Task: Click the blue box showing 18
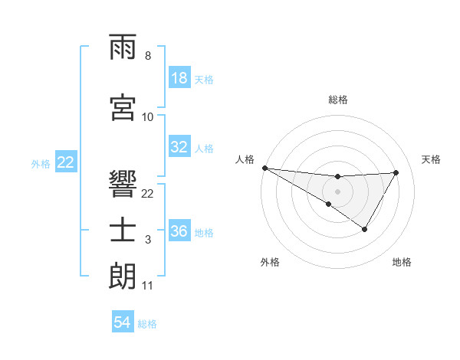click(x=179, y=78)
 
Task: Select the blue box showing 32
click(x=179, y=147)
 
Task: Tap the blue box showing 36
click(x=179, y=231)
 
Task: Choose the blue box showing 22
click(x=66, y=162)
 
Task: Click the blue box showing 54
click(x=123, y=322)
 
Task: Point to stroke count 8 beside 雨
click(x=148, y=56)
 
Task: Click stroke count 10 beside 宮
click(x=148, y=116)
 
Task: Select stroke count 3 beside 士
click(x=148, y=240)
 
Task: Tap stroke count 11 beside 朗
click(x=148, y=286)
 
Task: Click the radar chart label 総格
click(x=337, y=100)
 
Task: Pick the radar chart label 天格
click(x=431, y=159)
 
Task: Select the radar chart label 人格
click(x=245, y=159)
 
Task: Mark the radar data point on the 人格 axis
click(x=264, y=168)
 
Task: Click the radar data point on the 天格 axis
click(x=396, y=172)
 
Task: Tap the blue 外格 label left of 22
click(x=41, y=163)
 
